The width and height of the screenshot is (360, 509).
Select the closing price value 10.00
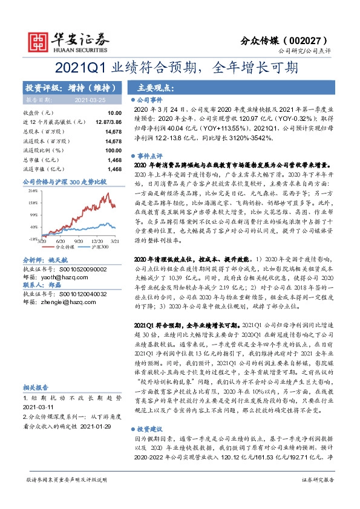(x=114, y=113)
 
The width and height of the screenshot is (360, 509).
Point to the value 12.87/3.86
(x=109, y=122)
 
